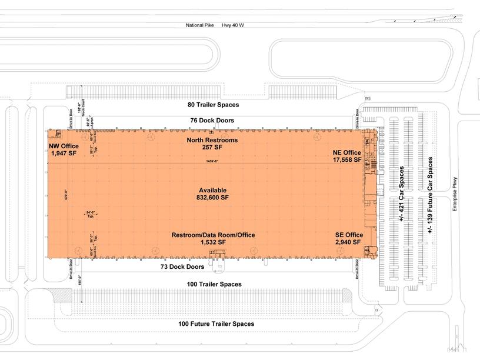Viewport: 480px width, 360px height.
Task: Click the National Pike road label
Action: pos(199,25)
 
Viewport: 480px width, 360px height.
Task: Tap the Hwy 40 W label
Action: pos(233,25)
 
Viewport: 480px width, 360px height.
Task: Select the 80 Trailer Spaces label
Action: pos(213,105)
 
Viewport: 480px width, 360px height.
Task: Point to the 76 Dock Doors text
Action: pos(213,121)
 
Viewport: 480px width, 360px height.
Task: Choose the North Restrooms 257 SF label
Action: pos(212,144)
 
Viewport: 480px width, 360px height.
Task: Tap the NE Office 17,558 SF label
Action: pos(346,155)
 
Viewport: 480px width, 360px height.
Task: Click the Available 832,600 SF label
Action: pos(213,194)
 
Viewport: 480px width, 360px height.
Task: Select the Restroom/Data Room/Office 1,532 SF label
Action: pos(213,238)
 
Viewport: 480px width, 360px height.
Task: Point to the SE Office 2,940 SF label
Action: pos(349,238)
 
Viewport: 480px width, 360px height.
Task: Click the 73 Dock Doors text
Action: pos(182,266)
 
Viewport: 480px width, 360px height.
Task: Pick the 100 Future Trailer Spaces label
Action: pos(216,324)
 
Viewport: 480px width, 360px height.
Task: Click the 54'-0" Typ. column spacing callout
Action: pos(91,214)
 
